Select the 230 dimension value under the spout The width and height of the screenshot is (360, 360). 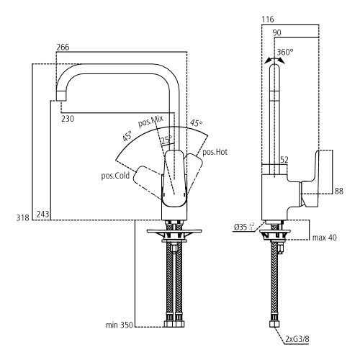point(68,118)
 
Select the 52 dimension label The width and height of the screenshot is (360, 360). point(284,159)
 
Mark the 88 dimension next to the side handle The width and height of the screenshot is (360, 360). point(339,190)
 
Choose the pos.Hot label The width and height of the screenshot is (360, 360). point(215,152)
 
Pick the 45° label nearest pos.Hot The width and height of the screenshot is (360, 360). point(196,123)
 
